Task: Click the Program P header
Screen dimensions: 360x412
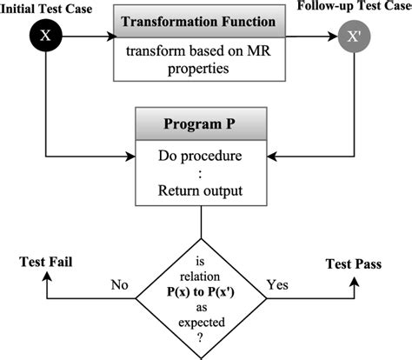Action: point(202,124)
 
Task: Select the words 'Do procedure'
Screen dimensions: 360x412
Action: point(202,158)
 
